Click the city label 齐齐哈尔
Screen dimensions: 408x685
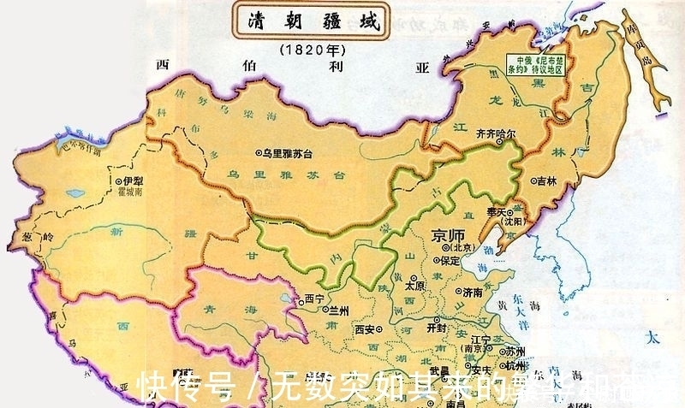click(496, 134)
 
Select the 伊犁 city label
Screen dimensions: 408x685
click(132, 181)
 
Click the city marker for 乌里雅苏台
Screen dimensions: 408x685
click(260, 154)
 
